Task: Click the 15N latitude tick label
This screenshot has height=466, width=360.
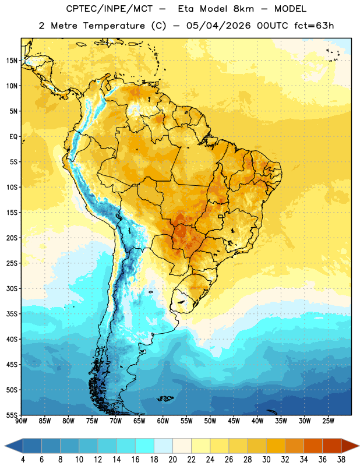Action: (x=12, y=61)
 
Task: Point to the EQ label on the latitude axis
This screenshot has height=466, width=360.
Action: (x=13, y=137)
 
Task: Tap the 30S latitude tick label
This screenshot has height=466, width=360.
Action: (x=12, y=288)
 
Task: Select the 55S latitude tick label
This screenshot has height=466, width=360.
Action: (x=12, y=415)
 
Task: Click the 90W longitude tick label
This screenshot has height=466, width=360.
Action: (x=21, y=421)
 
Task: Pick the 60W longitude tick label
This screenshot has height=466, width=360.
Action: (x=163, y=421)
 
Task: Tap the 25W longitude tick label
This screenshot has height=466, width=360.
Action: (x=328, y=421)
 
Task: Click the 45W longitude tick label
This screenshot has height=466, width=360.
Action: (x=234, y=421)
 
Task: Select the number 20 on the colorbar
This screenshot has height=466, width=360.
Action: (x=172, y=460)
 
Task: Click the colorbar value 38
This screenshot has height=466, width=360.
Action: (x=341, y=460)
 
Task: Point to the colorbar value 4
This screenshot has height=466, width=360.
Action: (x=23, y=460)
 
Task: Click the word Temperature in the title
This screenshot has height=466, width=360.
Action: (x=114, y=26)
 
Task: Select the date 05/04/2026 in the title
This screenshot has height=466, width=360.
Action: (x=218, y=26)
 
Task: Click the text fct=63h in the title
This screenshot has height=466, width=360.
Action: (x=314, y=26)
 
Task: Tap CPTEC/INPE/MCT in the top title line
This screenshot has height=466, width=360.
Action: (x=109, y=9)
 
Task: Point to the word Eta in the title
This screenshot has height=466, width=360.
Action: (x=186, y=9)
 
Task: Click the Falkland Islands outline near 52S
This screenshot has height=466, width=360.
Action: (x=165, y=398)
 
